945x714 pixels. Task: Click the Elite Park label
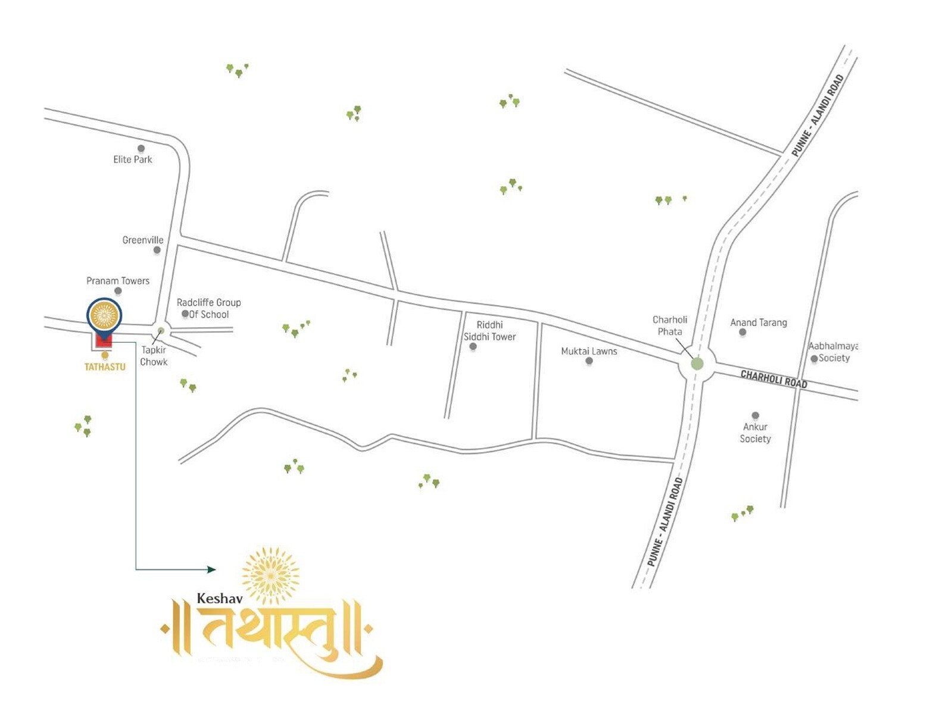[132, 159]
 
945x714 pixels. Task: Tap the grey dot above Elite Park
[141, 148]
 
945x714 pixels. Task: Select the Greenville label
[143, 240]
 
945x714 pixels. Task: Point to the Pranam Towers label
[118, 281]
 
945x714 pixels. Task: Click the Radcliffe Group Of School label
[208, 308]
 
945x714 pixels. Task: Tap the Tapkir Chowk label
[154, 356]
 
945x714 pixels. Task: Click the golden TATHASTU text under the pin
[105, 367]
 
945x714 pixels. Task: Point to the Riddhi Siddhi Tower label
[489, 331]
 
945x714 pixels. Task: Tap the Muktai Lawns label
[589, 351]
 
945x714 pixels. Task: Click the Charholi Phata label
[670, 325]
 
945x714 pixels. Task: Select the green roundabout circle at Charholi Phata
[697, 364]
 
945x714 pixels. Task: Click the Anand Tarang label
[759, 322]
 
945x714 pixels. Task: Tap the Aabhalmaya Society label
[833, 352]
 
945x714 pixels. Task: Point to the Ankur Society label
[755, 433]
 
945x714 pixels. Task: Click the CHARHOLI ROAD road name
[774, 379]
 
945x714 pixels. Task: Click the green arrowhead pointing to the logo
[211, 569]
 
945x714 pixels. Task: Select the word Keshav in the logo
[220, 599]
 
